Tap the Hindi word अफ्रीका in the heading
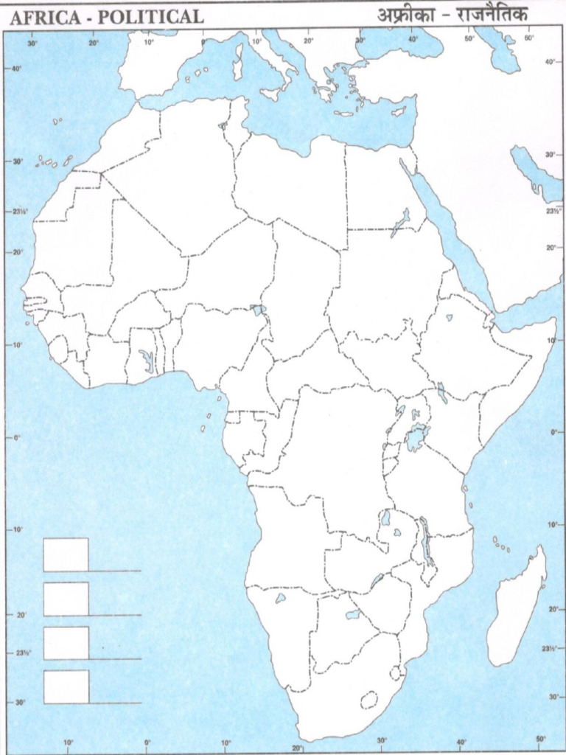point(404,15)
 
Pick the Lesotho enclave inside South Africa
point(368,699)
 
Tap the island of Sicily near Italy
point(270,94)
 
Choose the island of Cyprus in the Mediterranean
point(399,111)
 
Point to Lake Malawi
point(426,542)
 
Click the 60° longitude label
point(528,38)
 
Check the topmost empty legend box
point(66,554)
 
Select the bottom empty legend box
point(66,686)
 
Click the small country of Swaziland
point(397,672)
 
